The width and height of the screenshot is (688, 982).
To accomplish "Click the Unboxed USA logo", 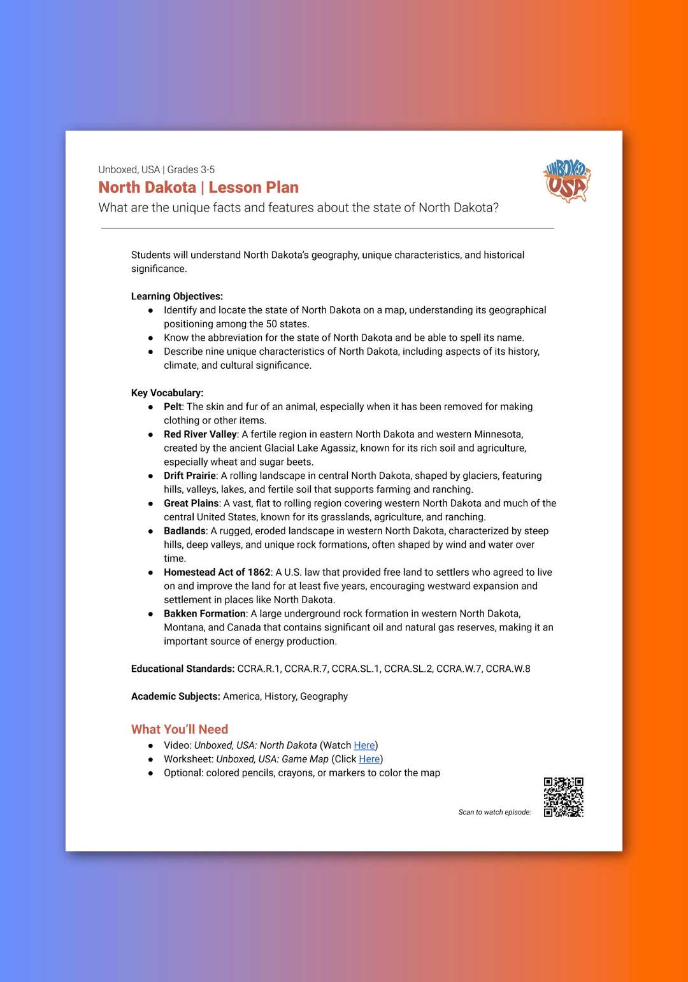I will tap(566, 181).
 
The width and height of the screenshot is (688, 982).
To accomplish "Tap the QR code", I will tap(563, 797).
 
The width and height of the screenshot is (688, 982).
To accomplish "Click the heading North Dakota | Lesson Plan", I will tap(198, 187).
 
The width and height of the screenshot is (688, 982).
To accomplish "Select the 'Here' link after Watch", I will tap(364, 745).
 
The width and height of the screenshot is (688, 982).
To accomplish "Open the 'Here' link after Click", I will tap(369, 759).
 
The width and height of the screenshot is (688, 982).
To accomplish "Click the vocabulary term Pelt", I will tap(173, 406).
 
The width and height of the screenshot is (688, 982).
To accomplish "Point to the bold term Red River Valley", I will tap(200, 434).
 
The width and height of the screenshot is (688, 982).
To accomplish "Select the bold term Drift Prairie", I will tap(190, 476).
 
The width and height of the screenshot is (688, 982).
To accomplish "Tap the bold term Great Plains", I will tap(191, 503).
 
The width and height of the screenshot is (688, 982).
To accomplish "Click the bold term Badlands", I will tap(185, 530).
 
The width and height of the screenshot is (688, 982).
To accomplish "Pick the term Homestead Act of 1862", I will tap(217, 572).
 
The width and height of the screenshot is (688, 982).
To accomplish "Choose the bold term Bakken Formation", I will tap(204, 613).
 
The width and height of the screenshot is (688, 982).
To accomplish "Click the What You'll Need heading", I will tap(180, 729).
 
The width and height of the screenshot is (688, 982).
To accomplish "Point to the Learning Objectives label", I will tap(177, 296).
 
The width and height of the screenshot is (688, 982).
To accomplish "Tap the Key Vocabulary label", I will tap(168, 393).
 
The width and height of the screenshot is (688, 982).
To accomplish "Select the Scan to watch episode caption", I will tap(494, 812).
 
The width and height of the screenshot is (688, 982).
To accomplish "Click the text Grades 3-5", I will tap(191, 169).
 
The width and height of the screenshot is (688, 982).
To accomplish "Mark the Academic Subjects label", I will tap(176, 696).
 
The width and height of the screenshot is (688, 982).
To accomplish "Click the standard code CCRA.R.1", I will tap(259, 669).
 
